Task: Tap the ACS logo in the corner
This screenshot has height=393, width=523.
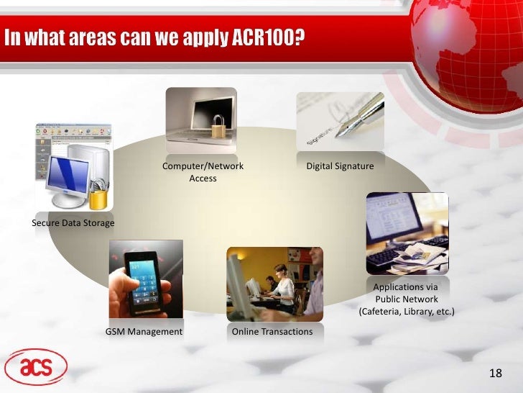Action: tap(36, 367)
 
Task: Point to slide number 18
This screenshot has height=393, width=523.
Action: tap(494, 373)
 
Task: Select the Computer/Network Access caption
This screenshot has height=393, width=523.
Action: tap(203, 172)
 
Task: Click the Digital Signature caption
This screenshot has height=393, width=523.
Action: tap(341, 166)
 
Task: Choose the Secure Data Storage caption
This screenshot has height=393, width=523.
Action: tap(73, 223)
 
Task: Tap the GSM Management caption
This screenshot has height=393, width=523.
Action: tap(144, 332)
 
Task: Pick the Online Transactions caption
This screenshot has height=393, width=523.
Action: tap(273, 332)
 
